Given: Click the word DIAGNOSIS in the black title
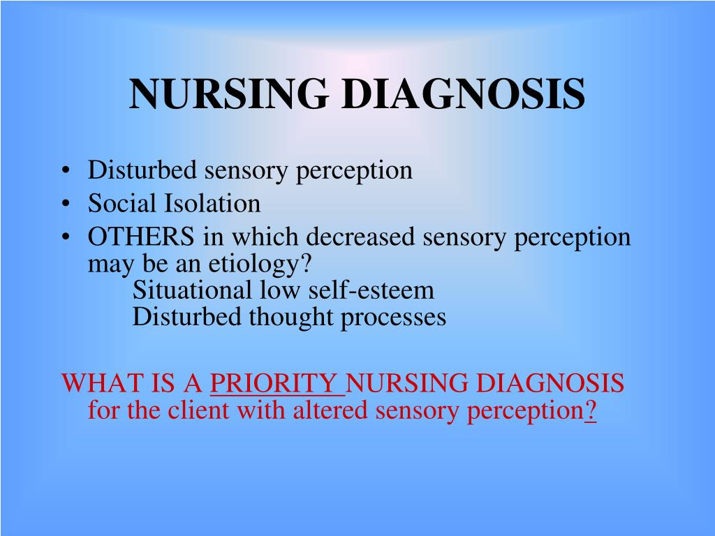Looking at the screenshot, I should (x=463, y=94).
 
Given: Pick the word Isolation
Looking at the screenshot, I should (x=212, y=204).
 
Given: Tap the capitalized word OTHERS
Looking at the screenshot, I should (x=141, y=237).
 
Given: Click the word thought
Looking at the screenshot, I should (x=294, y=318).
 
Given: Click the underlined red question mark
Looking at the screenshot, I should (x=590, y=410).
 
